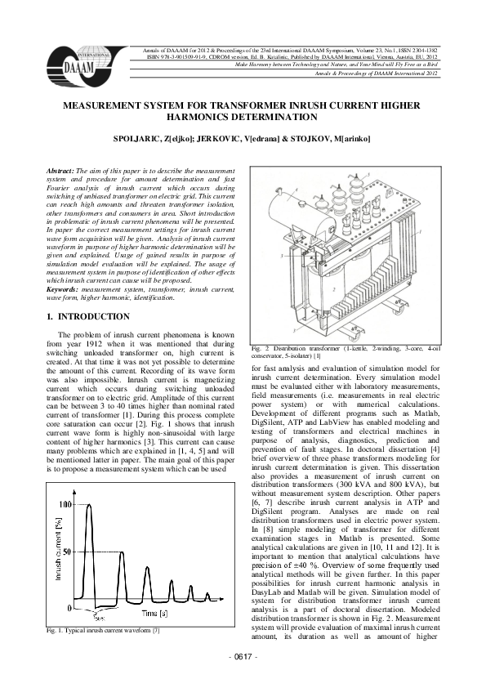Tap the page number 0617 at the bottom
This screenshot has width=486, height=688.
tap(243, 679)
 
